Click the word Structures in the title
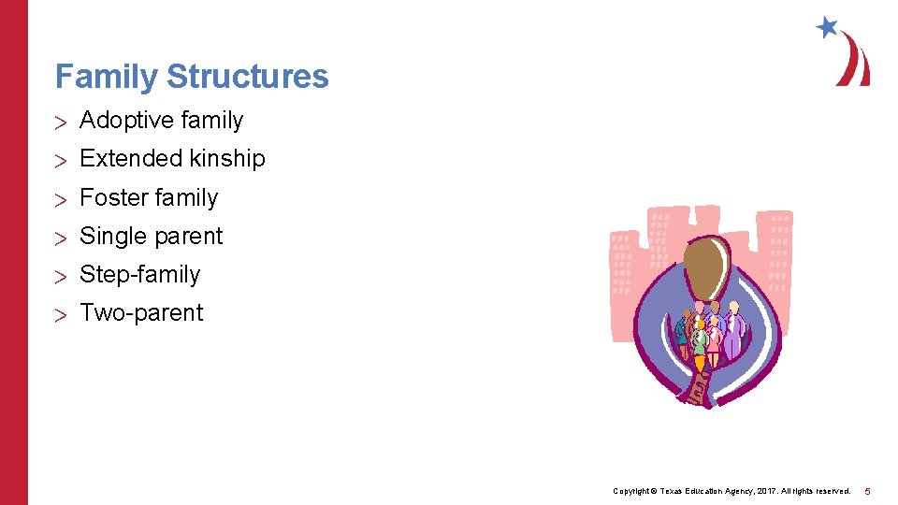point(248,76)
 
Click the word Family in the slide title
point(108,76)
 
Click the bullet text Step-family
point(140,274)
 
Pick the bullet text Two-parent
point(141,312)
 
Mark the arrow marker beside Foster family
point(62,198)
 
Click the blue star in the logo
point(826,26)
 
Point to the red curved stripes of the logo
point(855,62)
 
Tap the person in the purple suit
point(735,329)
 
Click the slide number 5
point(867,491)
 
